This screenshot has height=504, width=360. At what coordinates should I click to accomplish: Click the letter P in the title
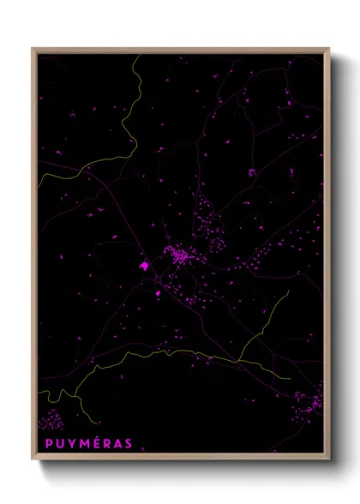coord(48,443)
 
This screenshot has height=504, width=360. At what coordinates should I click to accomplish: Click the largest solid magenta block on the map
coord(144,267)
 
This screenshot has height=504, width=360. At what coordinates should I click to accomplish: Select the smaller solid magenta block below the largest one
coord(158,294)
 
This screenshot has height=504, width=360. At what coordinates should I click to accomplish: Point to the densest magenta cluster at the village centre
coord(180,255)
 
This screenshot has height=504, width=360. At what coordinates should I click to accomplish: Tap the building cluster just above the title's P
coord(51,421)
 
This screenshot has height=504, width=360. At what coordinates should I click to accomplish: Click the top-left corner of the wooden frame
coord(33,49)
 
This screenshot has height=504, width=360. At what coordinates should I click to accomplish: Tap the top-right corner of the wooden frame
coord(328,49)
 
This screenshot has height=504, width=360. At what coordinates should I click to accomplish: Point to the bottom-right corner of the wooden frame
coord(328,459)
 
